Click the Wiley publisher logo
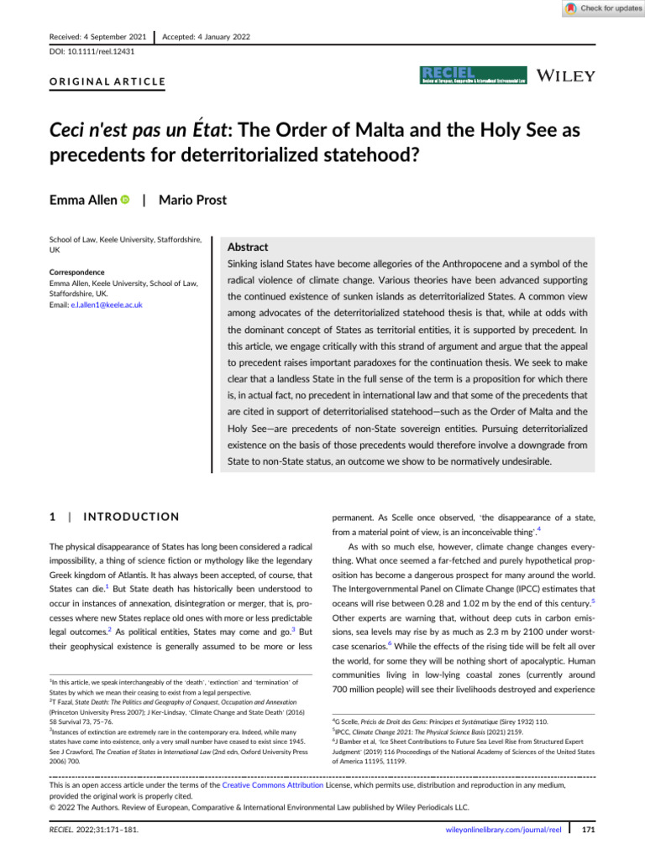[x=566, y=75]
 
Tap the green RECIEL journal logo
[x=473, y=75]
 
